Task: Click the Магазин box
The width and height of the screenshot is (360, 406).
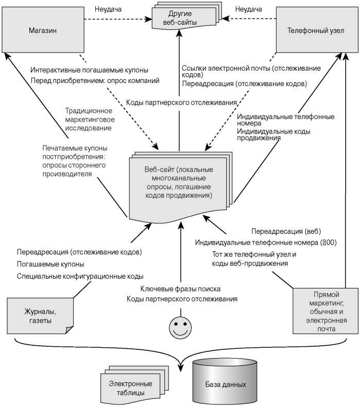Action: coord(43,30)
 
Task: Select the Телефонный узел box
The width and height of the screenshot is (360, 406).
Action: coord(316,30)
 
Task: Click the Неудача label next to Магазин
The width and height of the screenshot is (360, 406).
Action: coord(108,9)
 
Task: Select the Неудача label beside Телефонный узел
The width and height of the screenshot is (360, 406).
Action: coord(249,9)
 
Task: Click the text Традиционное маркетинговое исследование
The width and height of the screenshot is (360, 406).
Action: coord(89,119)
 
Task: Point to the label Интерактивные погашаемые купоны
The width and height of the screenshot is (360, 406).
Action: coord(89,70)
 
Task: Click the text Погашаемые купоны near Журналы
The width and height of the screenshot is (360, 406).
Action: coord(47,264)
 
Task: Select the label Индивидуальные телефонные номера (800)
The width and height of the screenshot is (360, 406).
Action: coord(265,242)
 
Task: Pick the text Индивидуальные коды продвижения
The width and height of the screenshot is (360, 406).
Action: coord(273,134)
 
